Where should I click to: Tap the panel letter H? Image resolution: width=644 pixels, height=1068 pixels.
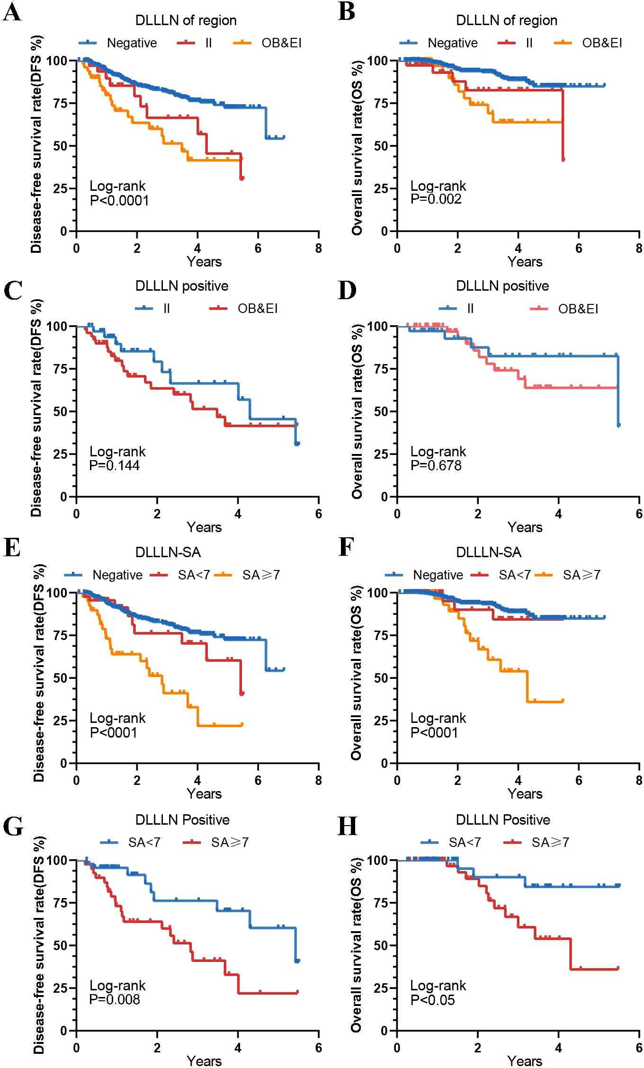point(347,827)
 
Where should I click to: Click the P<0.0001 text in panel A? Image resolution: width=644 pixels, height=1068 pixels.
point(119,201)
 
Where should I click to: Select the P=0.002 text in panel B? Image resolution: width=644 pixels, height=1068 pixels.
point(436,199)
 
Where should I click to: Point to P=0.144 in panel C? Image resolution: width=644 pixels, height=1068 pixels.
point(115,465)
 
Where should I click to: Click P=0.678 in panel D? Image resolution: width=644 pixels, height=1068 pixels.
point(436,465)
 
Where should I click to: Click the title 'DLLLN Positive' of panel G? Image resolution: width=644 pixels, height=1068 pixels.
point(182,819)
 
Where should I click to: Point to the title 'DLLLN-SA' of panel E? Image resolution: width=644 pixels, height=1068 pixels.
point(168,552)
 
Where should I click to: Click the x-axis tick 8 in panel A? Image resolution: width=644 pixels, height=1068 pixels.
point(318,248)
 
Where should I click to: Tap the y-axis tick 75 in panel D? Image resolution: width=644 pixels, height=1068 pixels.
point(378,369)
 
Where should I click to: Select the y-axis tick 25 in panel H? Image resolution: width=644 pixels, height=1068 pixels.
point(378,988)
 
